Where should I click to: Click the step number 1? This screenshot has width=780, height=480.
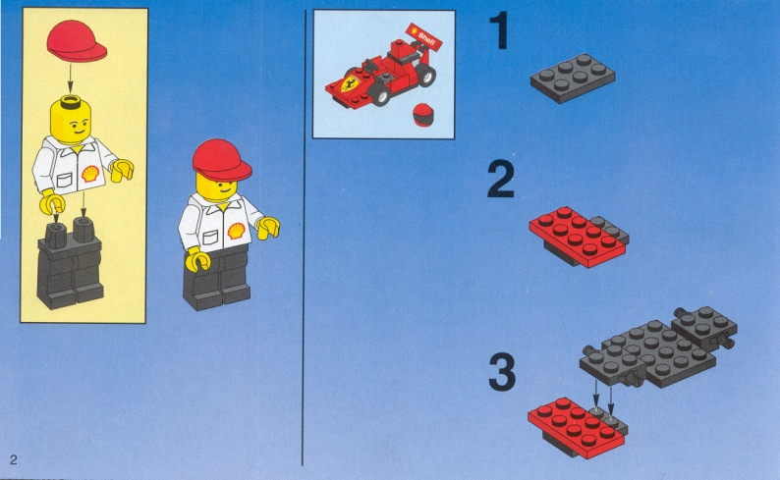point(499,30)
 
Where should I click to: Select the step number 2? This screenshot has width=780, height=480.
point(500,180)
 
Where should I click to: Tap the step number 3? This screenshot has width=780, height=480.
point(502,372)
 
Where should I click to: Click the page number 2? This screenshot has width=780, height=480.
point(14,459)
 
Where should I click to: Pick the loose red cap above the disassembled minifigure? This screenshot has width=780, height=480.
point(77,41)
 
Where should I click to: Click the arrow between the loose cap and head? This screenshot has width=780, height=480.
point(70,79)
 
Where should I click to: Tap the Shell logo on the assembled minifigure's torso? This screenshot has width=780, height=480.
point(237,231)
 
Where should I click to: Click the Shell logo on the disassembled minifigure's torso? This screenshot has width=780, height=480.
point(90,174)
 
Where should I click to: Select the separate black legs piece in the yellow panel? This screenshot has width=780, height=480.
point(70,264)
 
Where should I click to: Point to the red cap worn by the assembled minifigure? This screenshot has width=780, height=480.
point(221,160)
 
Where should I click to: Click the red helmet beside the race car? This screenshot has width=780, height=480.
point(423,115)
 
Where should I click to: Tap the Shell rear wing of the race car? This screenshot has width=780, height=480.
point(423,35)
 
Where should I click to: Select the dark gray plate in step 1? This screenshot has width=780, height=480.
point(573,78)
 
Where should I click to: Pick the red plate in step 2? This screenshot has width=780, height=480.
point(576,237)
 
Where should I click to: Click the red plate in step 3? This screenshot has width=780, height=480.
point(575,427)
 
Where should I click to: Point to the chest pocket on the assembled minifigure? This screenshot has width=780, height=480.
point(211,237)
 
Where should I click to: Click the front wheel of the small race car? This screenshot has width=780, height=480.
point(380,95)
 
